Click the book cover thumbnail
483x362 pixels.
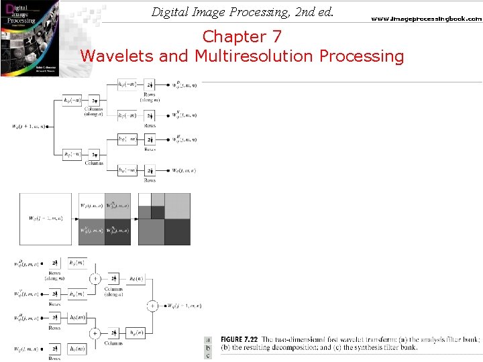[29, 39]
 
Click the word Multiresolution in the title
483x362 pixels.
[256, 56]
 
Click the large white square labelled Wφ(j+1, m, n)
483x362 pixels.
[45, 219]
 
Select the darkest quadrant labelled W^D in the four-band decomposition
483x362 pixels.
[118, 231]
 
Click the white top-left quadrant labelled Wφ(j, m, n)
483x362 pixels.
[91, 206]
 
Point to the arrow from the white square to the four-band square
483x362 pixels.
[74, 219]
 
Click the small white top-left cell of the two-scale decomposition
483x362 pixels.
[144, 199]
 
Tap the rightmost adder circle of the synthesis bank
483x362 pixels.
[152, 306]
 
